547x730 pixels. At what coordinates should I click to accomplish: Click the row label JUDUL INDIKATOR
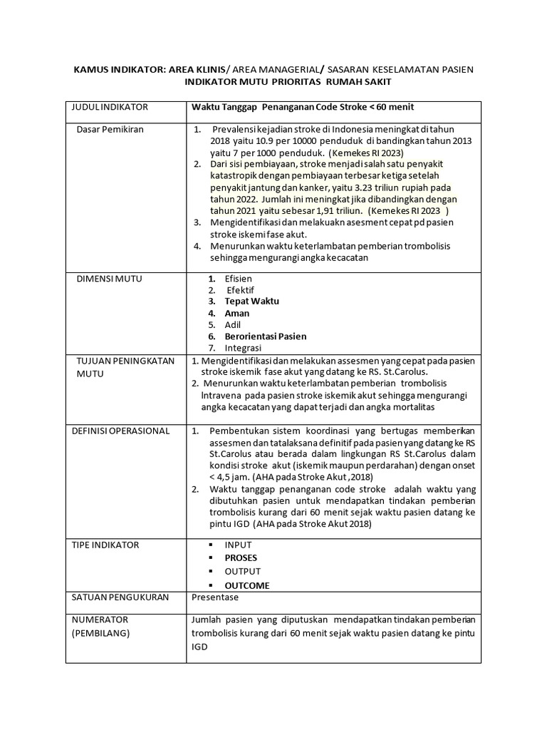pos(110,107)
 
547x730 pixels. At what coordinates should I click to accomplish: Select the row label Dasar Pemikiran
pos(110,129)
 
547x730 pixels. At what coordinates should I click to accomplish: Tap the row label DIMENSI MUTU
pos(109,279)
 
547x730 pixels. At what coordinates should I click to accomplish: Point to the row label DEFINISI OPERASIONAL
pos(120,431)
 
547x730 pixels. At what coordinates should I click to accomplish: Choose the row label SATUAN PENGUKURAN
pos(120,597)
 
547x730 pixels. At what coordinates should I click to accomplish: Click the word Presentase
pos(215,597)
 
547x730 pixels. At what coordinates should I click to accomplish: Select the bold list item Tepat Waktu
pos(251,301)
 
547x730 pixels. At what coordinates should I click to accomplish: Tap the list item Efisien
pos(238,279)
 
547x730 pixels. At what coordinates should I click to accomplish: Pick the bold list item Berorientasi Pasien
pos(266,336)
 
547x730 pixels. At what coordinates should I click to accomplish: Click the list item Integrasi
pos(243,348)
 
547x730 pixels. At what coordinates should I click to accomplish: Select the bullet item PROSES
pos(241,557)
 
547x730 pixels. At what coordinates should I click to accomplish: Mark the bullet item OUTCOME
pos(246,585)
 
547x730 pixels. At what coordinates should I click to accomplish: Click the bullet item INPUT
pos(238,545)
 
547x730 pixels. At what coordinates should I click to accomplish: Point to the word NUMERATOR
pos(100,620)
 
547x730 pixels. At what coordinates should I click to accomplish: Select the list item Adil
pos(233,324)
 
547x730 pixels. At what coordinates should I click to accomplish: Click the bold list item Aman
pos(236,313)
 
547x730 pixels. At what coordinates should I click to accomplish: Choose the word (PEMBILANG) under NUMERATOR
pos(101,632)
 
